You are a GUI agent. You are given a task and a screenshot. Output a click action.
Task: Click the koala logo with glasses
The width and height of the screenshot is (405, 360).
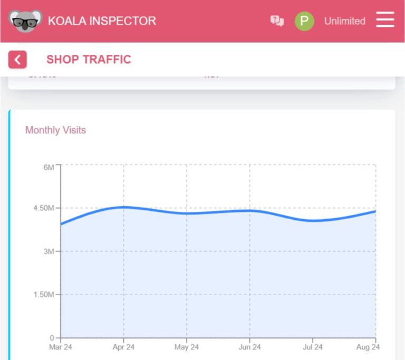click(x=25, y=21)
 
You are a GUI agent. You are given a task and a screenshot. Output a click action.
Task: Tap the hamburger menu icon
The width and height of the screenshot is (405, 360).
click(x=385, y=21)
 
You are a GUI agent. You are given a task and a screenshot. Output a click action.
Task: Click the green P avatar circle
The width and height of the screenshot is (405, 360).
click(x=304, y=21)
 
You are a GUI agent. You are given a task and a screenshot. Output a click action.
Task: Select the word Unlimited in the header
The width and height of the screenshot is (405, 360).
click(x=344, y=21)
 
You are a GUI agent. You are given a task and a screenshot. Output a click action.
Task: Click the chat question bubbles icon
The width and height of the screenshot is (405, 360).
click(x=277, y=21)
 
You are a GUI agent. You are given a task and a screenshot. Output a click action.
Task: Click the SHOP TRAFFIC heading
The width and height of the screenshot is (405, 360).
click(x=89, y=60)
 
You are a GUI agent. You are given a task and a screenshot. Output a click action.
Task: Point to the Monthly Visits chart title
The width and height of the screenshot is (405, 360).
click(x=55, y=130)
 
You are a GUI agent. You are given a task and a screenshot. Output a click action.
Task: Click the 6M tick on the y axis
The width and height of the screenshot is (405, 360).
click(x=49, y=167)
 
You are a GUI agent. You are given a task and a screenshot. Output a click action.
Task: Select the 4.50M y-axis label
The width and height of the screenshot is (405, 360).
click(x=44, y=208)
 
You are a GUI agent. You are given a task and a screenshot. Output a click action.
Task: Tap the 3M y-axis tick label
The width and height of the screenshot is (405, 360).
click(x=49, y=251)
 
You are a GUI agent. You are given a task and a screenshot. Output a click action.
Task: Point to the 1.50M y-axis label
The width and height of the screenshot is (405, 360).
click(x=44, y=295)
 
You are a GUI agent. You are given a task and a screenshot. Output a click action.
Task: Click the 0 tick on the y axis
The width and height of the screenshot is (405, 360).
click(x=52, y=337)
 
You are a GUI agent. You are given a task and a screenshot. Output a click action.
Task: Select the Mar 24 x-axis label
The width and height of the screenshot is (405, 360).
click(x=61, y=347)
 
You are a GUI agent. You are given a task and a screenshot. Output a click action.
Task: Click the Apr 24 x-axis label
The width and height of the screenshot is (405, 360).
click(x=123, y=347)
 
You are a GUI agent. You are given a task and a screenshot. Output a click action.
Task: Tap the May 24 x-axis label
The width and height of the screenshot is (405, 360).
click(x=186, y=347)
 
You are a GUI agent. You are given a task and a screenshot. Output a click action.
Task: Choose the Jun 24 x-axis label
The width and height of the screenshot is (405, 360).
click(x=249, y=347)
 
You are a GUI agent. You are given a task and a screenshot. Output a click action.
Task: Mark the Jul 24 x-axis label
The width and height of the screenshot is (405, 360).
click(x=312, y=347)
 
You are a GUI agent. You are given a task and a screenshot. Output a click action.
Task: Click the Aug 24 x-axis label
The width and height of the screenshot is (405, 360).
click(x=368, y=347)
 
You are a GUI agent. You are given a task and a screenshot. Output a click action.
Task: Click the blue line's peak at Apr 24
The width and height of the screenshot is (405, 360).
click(x=123, y=207)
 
